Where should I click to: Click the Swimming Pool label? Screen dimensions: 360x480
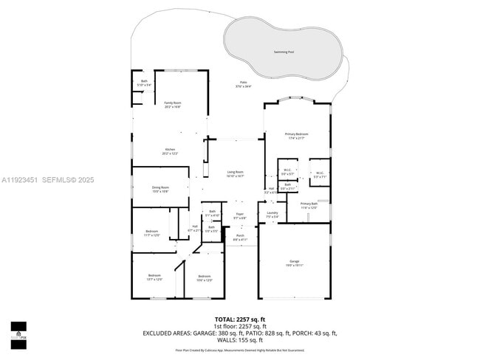(283, 52)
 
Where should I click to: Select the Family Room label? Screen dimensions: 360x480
(172, 103)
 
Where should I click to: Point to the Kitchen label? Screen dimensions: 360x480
(170, 149)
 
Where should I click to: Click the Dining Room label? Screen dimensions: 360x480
(160, 187)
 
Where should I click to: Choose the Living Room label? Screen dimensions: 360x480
(236, 173)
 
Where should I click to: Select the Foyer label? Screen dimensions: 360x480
(240, 216)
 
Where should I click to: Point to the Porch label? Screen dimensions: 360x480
(240, 237)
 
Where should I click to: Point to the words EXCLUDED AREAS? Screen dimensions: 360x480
(170, 333)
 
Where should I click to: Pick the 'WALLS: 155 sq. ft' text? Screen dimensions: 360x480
(240, 340)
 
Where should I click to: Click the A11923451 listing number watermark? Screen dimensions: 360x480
(21, 179)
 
